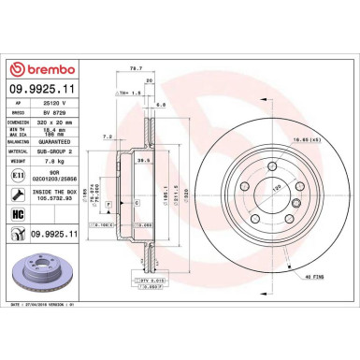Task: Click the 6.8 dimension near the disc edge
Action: pyautogui.click(x=161, y=105)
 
